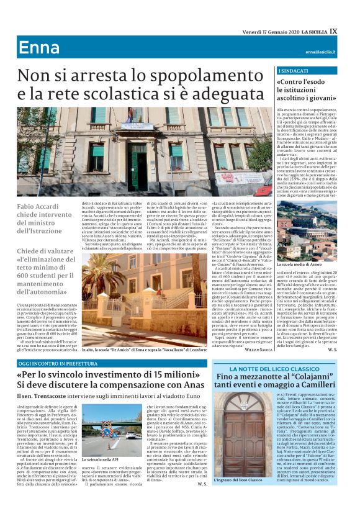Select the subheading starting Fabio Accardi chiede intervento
(x=45, y=219)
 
